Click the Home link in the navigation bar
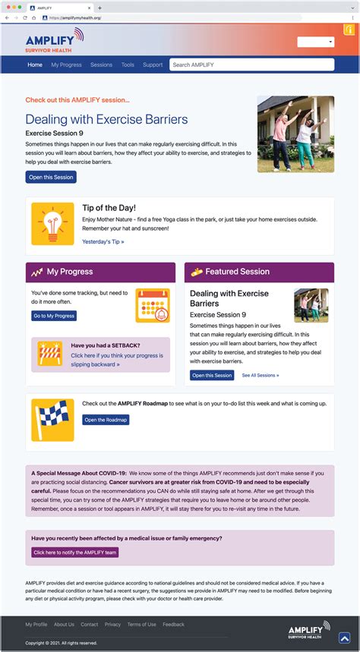click(35, 65)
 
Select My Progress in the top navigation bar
click(66, 65)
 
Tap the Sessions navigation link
click(101, 65)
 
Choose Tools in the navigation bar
click(128, 65)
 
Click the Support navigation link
click(153, 65)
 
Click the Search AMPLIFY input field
click(251, 65)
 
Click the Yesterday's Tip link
click(103, 241)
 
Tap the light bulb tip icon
click(52, 223)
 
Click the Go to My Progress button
click(54, 316)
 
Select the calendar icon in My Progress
click(152, 305)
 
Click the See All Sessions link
click(260, 375)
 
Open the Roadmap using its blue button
click(106, 420)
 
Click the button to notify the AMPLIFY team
click(74, 553)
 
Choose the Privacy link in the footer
click(112, 624)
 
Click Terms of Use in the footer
click(141, 624)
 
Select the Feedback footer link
click(173, 624)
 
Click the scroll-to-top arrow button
click(344, 638)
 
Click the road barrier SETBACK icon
click(49, 354)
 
